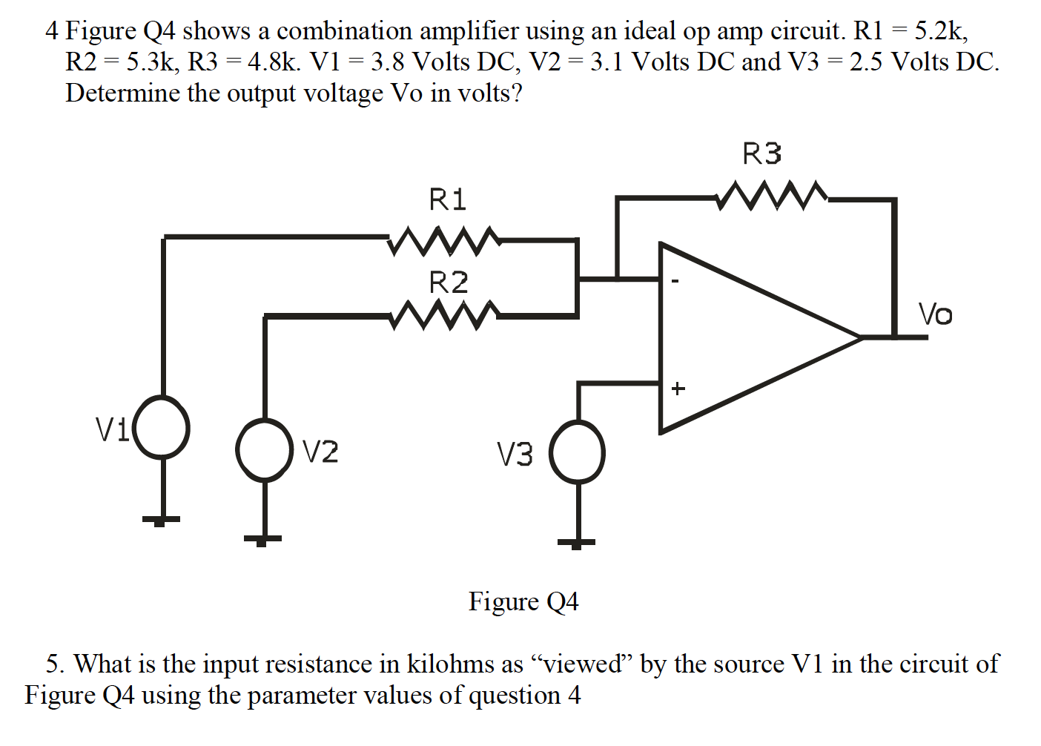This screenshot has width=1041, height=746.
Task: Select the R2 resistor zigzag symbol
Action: [443, 314]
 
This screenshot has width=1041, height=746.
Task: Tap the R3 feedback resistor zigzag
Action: [771, 196]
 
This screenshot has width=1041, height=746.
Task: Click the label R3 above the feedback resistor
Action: [761, 154]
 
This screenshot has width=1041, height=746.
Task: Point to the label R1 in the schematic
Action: [448, 199]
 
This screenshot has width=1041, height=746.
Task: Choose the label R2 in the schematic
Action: [449, 283]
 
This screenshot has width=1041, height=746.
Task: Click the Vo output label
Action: [935, 314]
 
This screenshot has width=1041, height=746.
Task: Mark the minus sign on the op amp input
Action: [675, 282]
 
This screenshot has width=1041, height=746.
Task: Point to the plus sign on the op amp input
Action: [678, 388]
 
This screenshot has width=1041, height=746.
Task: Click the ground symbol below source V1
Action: [161, 520]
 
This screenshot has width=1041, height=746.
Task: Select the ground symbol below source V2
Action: [262, 540]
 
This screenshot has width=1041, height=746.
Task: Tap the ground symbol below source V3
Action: [576, 542]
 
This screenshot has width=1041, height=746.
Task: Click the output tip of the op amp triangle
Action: [862, 337]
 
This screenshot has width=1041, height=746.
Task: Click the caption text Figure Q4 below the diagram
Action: [523, 601]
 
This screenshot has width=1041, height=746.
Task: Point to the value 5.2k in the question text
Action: [940, 30]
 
